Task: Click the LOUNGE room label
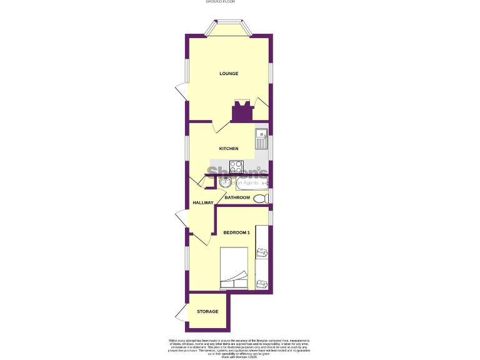tap(229, 74)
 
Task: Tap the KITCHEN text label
tap(228, 149)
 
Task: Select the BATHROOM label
tap(237, 197)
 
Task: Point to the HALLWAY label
tap(203, 202)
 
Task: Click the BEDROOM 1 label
tap(236, 233)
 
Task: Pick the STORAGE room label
tap(207, 311)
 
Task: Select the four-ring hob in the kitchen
tap(237, 167)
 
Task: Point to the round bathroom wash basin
tap(225, 182)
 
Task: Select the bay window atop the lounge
tap(229, 28)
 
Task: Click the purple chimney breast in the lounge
tap(241, 112)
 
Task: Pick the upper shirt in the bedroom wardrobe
tap(261, 252)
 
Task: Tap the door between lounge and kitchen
tap(221, 126)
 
